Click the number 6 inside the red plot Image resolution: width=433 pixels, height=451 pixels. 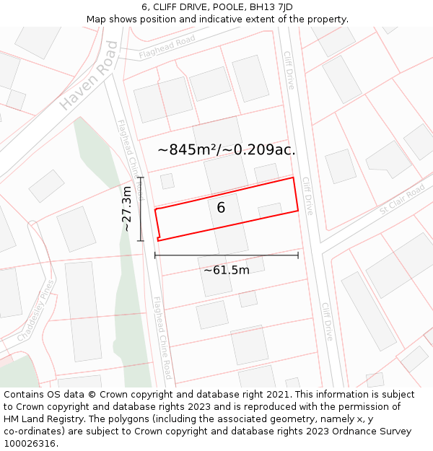(x=221, y=208)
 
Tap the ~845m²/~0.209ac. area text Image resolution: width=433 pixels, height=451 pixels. (x=227, y=150)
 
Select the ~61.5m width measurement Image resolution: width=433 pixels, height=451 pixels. (x=227, y=270)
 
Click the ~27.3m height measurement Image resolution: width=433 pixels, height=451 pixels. (x=127, y=209)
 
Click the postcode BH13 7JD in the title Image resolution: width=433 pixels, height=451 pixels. (x=268, y=7)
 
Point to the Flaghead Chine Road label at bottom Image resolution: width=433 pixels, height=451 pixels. (x=162, y=338)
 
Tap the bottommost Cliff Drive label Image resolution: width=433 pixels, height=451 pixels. (x=327, y=321)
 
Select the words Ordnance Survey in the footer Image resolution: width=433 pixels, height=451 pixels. (x=375, y=431)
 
